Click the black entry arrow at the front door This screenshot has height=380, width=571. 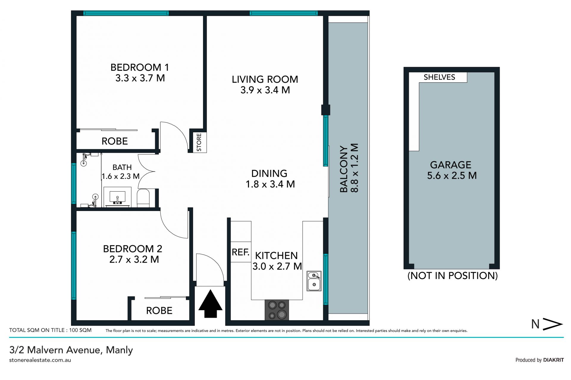coord(210,303)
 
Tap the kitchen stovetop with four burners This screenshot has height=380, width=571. coord(277,310)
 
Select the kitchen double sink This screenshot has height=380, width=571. coord(314,281)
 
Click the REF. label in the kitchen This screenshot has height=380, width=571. coord(241,252)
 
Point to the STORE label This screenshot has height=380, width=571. coord(199,142)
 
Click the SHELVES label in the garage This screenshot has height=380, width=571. coord(439,77)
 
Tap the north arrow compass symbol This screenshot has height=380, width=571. coord(547,324)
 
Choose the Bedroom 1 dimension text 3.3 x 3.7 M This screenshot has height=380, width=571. coord(140,78)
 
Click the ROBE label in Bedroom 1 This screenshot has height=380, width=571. coord(115,141)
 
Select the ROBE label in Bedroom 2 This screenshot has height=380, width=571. coord(159,311)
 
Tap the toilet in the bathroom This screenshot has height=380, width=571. coord(143,198)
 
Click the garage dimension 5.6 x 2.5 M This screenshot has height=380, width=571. coord(452,176)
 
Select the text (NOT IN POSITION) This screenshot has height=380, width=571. coord(452,276)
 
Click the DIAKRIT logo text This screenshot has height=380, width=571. coord(553,360)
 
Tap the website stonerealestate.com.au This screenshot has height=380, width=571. coord(40,360)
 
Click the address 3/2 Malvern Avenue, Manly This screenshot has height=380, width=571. coord(71,350)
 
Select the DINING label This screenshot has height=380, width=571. coord(269,174)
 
